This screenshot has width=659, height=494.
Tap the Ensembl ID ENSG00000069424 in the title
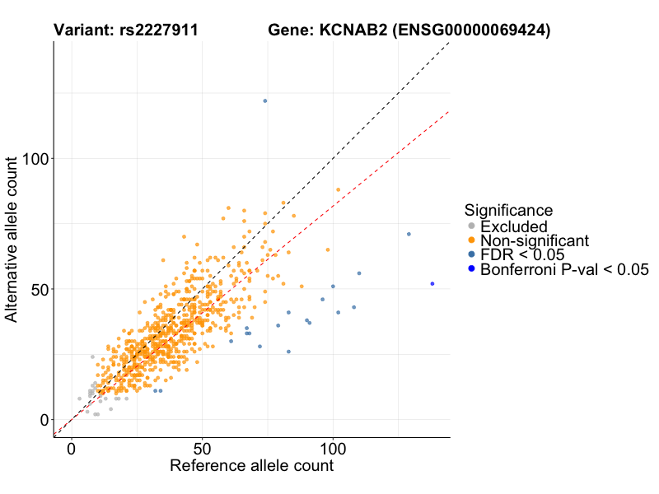click(x=472, y=30)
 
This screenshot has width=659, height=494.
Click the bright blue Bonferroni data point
click(x=432, y=283)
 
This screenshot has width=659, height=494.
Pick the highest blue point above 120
click(x=264, y=100)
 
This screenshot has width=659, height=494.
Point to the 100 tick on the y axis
click(x=38, y=158)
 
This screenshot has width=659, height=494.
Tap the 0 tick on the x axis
click(x=72, y=450)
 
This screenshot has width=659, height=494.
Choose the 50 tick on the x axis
click(x=203, y=450)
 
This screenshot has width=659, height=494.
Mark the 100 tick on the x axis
click(x=334, y=450)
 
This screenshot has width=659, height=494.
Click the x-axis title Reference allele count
click(x=251, y=466)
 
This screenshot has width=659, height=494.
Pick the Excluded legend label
click(x=513, y=226)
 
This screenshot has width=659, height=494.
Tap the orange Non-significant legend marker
click(x=471, y=240)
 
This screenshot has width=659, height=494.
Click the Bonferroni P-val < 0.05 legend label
click(x=565, y=268)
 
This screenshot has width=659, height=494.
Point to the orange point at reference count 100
click(x=338, y=189)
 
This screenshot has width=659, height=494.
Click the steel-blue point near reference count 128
click(x=409, y=234)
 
